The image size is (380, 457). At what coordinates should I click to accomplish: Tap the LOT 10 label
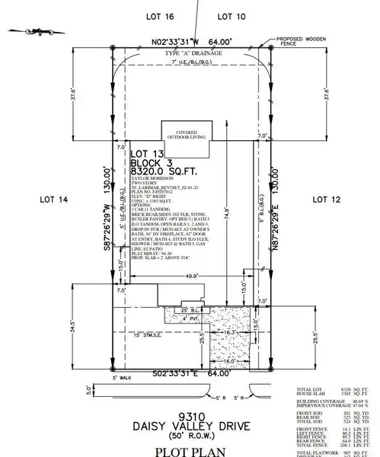pyautogui.click(x=231, y=15)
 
